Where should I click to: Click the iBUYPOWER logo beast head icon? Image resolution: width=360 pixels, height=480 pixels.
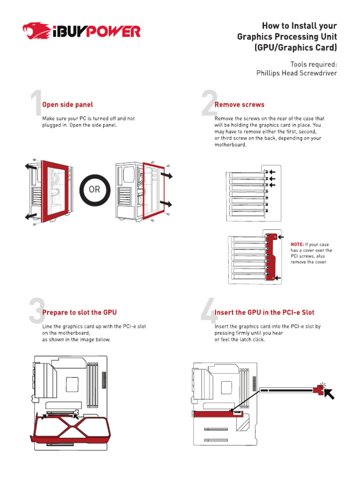tap(35, 32)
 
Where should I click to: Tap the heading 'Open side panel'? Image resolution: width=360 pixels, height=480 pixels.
tap(67, 105)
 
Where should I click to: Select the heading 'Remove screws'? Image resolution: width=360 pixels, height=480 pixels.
tap(239, 105)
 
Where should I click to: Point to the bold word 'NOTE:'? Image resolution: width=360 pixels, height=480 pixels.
tap(297, 244)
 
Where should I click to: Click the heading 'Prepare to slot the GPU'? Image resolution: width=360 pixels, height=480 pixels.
tap(79, 312)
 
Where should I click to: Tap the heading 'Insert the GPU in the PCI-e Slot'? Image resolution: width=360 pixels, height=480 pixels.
tap(264, 312)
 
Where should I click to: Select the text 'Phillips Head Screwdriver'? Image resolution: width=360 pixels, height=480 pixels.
tap(296, 73)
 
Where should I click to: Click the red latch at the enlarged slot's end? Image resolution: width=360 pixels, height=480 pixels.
tap(321, 388)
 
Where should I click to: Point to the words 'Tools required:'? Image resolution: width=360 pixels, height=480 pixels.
tap(313, 64)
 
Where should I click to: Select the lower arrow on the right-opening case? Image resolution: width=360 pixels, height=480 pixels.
tap(165, 204)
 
